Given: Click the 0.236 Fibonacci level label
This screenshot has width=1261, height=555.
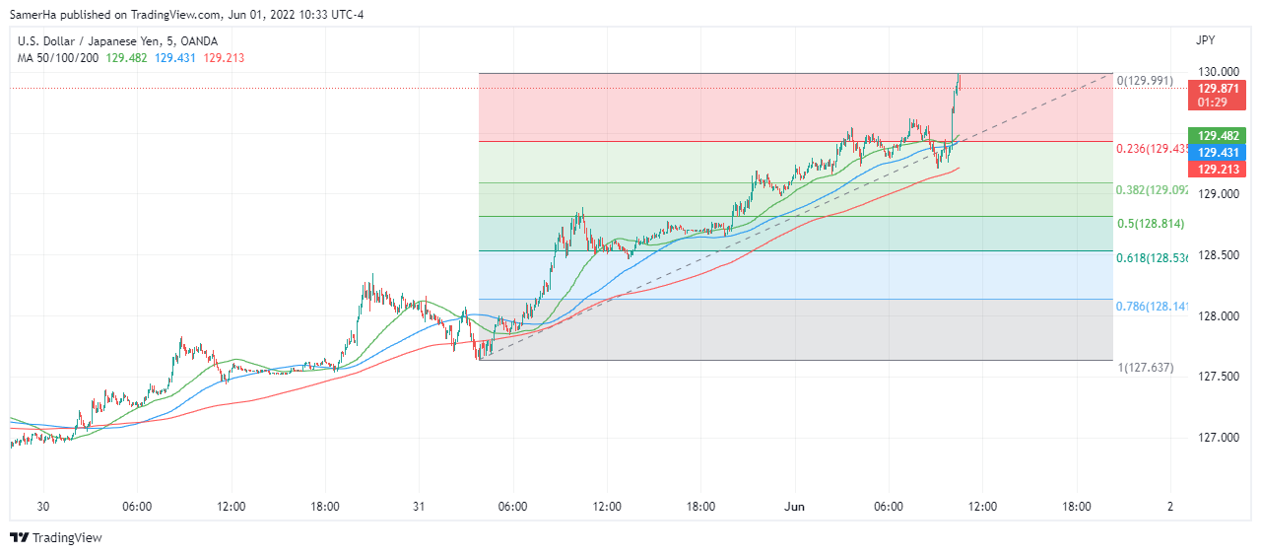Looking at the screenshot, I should point(1153,148).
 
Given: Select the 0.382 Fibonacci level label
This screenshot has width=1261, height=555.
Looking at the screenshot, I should point(1153,189).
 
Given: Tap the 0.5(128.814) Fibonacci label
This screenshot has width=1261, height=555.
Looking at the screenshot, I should point(1151,224).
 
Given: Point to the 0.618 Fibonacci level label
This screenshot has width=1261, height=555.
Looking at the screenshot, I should point(1153,257).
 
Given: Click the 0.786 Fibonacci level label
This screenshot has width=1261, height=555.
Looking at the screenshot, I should point(1153,307).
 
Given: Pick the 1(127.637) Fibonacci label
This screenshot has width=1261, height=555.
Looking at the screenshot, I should point(1145,367).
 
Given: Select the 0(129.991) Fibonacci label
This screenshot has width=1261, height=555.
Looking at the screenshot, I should point(1145,81).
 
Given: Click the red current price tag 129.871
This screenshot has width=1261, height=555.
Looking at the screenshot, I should point(1219,88).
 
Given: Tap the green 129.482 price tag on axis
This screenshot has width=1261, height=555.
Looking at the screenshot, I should point(1219,136).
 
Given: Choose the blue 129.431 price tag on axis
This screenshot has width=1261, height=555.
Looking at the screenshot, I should point(1219,152).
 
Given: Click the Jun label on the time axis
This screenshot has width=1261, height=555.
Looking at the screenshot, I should point(795,507).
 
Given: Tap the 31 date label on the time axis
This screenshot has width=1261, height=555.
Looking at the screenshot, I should point(419,507).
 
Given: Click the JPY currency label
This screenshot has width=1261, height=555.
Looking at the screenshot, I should point(1205,41).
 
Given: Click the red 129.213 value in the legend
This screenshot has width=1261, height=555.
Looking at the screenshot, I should point(224,58).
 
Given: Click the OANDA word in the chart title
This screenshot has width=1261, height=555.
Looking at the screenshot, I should point(196,41).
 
